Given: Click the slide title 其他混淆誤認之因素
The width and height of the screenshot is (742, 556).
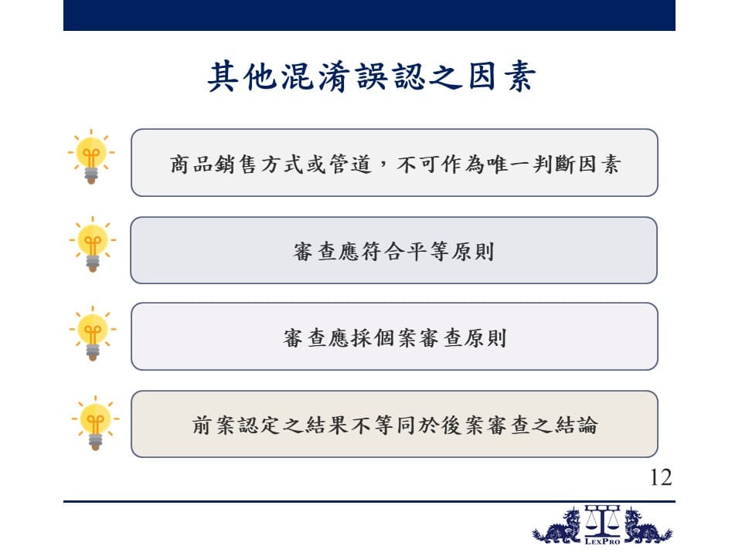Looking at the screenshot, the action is pyautogui.click(x=372, y=76).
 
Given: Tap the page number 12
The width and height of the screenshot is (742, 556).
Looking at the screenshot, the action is pyautogui.click(x=661, y=477).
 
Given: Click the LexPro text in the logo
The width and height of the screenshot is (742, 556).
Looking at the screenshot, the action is pyautogui.click(x=602, y=541).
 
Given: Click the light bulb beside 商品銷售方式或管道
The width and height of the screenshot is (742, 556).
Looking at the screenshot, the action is pyautogui.click(x=91, y=157).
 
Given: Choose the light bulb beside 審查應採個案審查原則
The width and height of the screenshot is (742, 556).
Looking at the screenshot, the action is pyautogui.click(x=93, y=334).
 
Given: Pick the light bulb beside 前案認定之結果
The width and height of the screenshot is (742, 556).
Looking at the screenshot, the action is pyautogui.click(x=95, y=422).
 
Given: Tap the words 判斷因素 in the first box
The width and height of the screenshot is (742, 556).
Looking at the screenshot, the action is pyautogui.click(x=577, y=164).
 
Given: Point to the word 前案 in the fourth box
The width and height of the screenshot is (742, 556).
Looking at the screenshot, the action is pyautogui.click(x=213, y=425).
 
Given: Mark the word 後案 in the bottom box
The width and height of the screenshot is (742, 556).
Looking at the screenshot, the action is pyautogui.click(x=463, y=425).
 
